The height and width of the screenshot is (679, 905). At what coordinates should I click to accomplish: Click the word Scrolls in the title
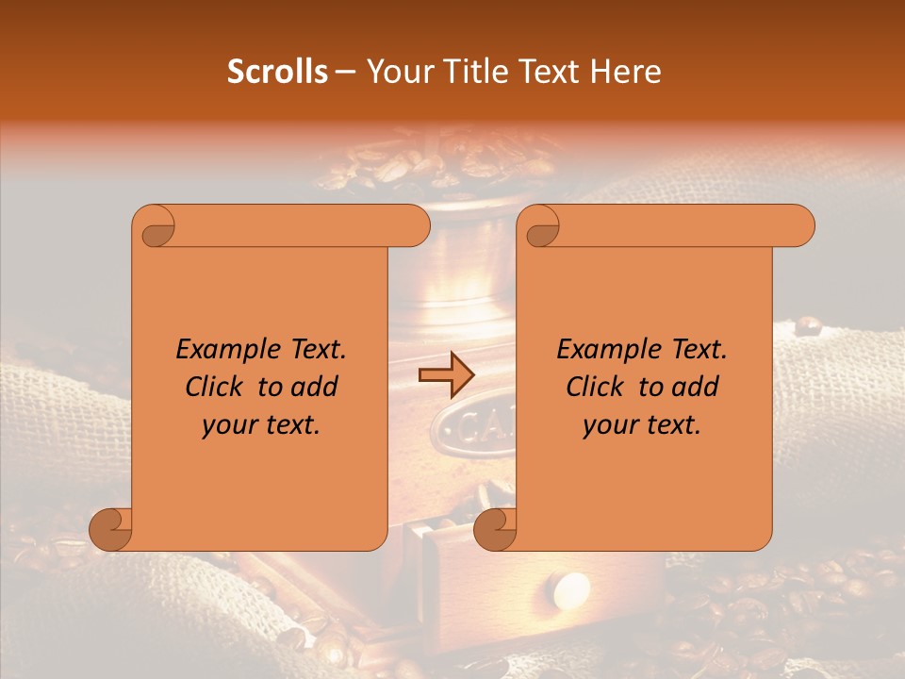pos(278,72)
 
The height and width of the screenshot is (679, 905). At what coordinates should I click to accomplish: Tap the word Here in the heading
pos(626,72)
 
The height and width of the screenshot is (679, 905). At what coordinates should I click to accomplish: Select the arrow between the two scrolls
pos(446,376)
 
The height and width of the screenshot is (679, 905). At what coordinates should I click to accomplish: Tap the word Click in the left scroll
pos(216,387)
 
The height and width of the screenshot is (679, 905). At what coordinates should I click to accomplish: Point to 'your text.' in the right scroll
pos(642,424)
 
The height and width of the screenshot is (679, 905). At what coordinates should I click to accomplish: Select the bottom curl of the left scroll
pos(109,529)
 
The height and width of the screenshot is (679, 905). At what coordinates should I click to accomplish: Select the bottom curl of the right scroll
pos(494,529)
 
